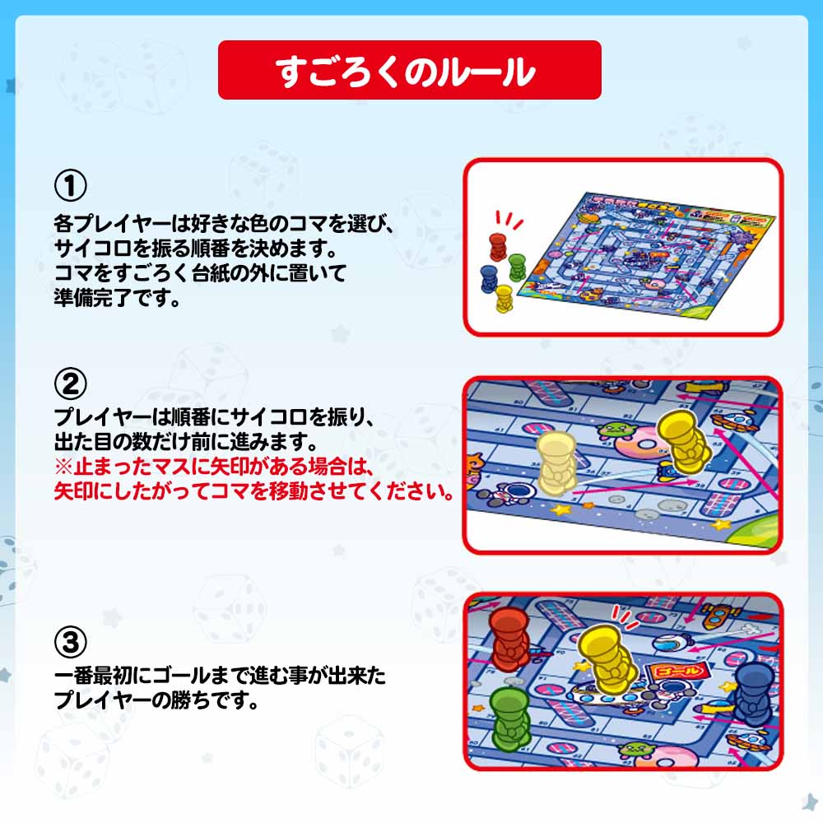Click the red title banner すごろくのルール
409,70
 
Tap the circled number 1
70,185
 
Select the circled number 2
70,384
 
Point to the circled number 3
70,643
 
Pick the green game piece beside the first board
517,267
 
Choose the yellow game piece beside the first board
504,298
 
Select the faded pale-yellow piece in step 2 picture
557,463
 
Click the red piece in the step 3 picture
509,639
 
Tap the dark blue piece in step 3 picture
754,694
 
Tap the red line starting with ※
214,467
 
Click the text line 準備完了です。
117,298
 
